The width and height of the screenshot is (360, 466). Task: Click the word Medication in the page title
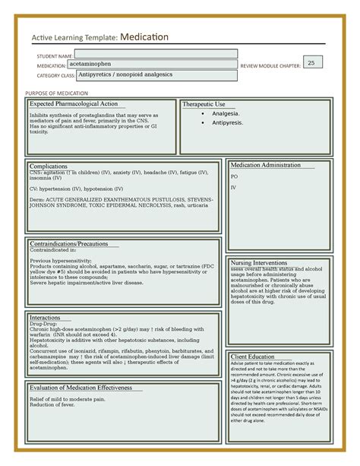click(144, 37)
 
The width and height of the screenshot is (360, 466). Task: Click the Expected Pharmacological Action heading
click(73, 103)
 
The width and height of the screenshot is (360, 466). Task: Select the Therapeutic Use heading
click(204, 104)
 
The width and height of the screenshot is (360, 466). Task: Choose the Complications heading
click(48, 165)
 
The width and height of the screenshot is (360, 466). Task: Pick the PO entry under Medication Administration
click(234, 176)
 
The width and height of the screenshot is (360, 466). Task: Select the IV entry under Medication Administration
click(233, 187)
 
